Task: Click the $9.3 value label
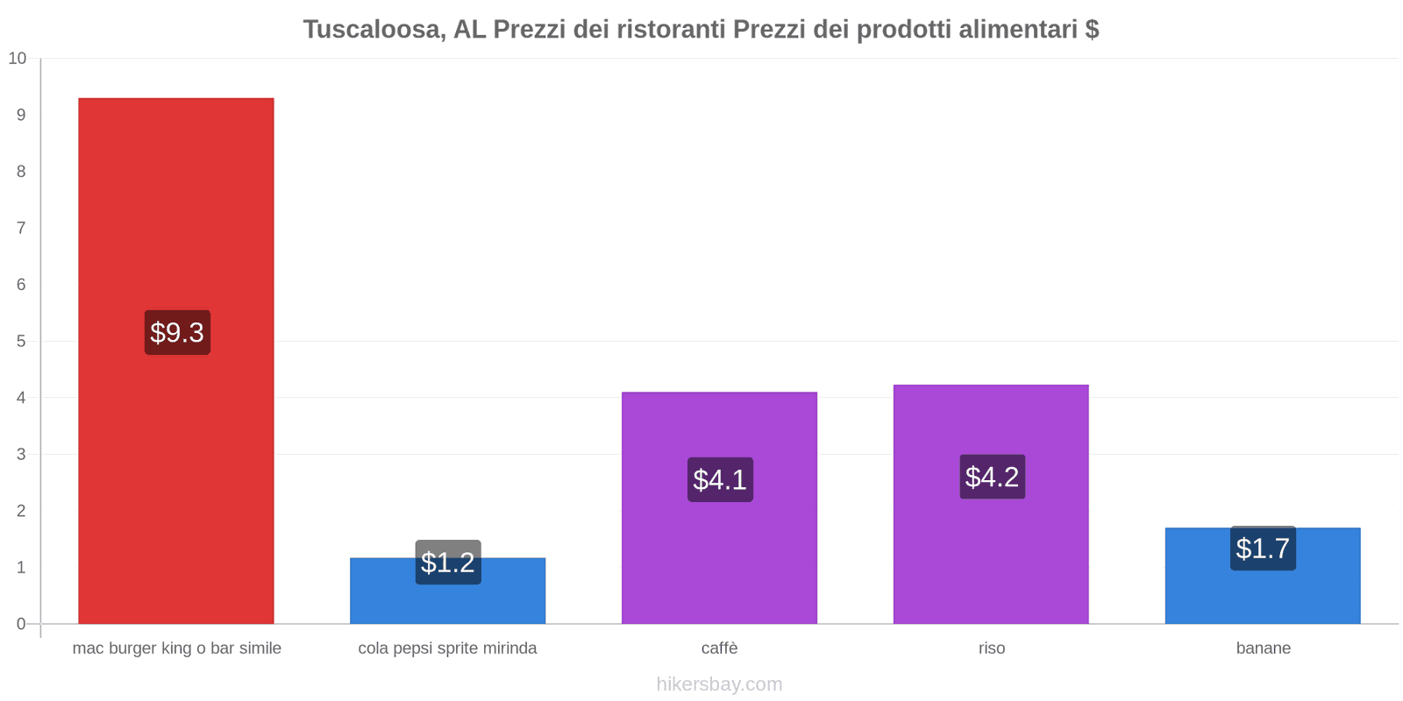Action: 177,332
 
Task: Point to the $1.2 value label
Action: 448,563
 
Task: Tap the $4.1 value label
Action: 720,479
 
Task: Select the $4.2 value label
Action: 992,477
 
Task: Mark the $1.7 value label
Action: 1263,549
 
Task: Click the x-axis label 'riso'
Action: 992,648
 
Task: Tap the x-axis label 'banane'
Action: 1263,648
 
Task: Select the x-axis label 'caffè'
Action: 720,648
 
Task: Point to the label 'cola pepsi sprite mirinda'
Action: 447,648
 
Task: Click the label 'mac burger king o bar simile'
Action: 177,648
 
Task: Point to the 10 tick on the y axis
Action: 18,59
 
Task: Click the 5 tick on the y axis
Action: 21,341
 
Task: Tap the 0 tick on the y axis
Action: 21,624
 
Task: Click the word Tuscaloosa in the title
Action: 372,30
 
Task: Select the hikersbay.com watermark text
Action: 719,684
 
